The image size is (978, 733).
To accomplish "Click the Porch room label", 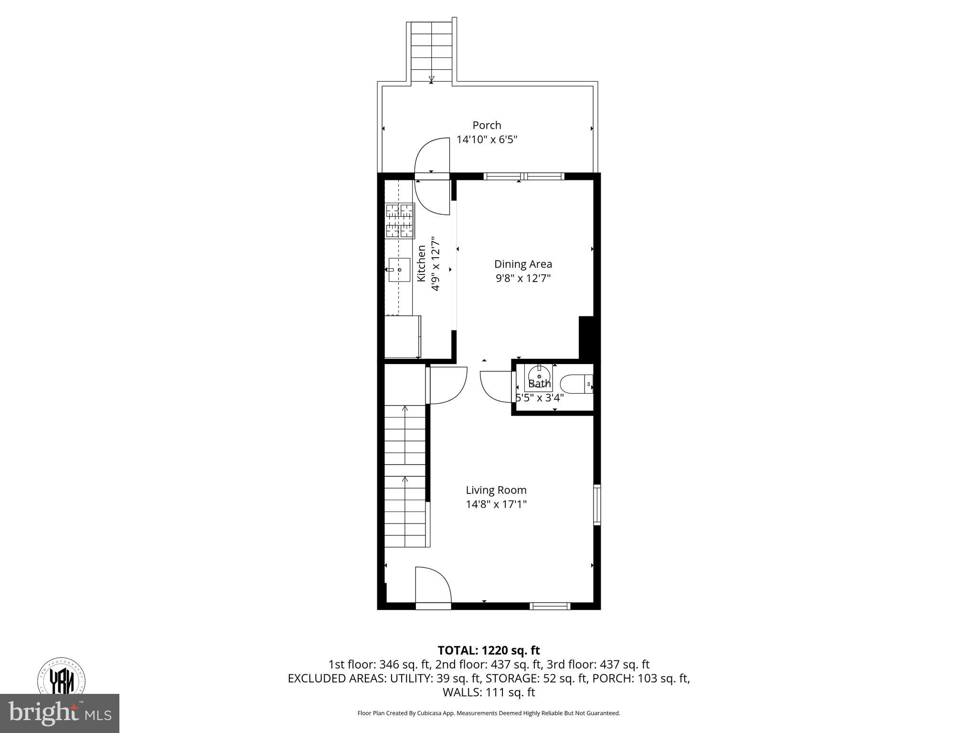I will (x=487, y=125).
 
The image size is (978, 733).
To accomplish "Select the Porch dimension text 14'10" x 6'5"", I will (x=487, y=140).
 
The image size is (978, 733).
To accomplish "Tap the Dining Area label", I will (x=523, y=264).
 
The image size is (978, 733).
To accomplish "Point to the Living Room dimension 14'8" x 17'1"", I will (x=496, y=504).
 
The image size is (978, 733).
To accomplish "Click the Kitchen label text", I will (x=422, y=263).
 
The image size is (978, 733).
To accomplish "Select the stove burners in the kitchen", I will (x=400, y=220).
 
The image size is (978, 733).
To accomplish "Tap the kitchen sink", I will (x=399, y=270).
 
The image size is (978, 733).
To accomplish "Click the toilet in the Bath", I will (x=575, y=383).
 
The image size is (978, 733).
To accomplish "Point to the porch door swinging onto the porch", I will (x=432, y=155).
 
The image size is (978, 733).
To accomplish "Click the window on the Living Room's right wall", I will (x=597, y=505).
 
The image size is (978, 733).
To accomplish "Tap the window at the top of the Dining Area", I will (x=524, y=177).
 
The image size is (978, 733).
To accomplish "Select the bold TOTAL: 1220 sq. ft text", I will (x=489, y=650).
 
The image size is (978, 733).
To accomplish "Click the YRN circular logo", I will (x=62, y=678).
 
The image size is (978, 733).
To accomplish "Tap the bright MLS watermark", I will (x=60, y=713).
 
